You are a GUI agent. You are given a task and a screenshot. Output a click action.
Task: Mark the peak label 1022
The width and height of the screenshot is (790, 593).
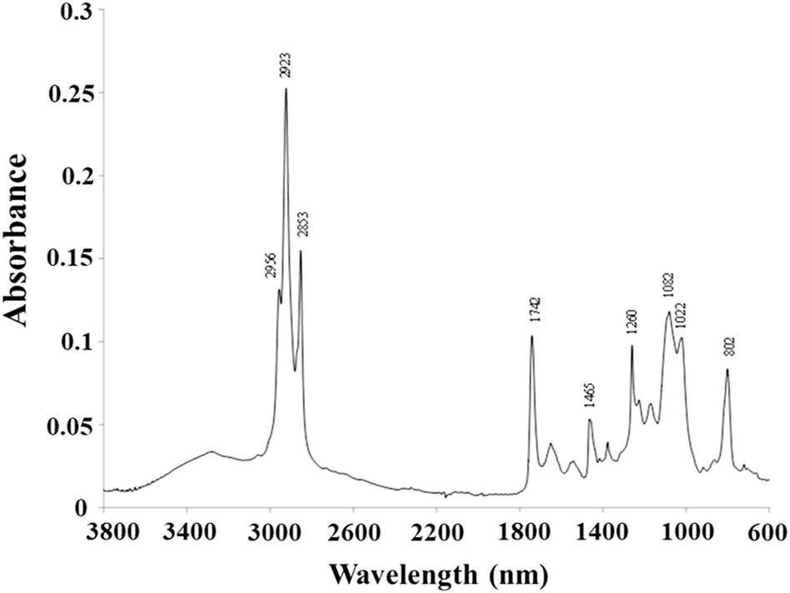coord(682,322)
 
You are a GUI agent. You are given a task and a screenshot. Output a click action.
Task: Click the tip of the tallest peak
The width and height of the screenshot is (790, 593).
coord(286,88)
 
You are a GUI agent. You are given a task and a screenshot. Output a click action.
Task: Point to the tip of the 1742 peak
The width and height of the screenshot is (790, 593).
coord(531,336)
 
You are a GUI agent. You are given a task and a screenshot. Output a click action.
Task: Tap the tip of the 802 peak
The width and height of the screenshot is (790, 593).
coord(727,369)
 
